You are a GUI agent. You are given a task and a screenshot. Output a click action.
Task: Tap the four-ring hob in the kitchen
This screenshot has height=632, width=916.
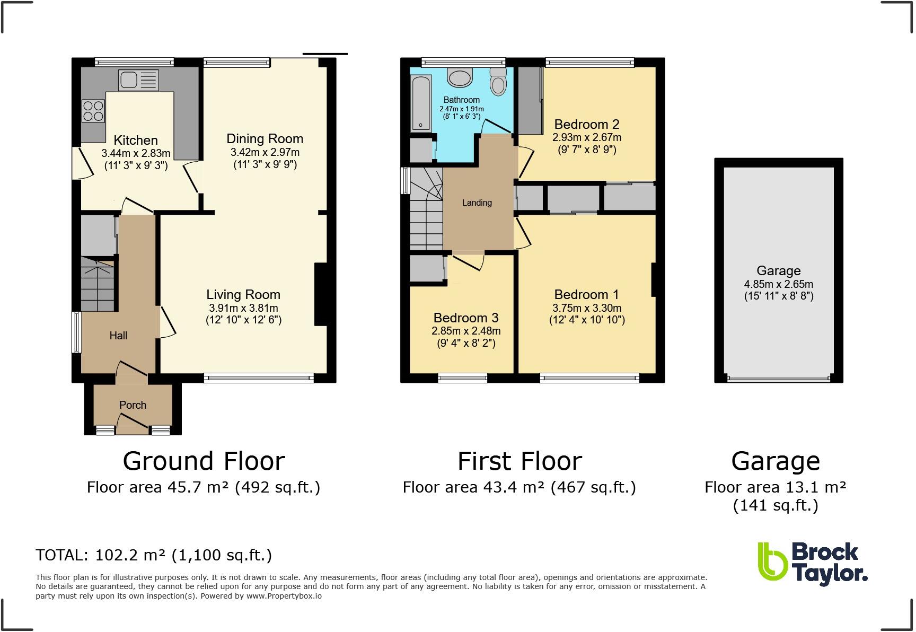(93, 111)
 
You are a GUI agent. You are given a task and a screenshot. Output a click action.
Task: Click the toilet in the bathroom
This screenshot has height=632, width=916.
(498, 82)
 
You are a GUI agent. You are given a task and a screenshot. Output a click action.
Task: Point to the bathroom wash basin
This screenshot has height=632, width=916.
(460, 78)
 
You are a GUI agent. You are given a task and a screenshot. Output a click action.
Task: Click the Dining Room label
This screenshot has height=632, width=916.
(265, 139)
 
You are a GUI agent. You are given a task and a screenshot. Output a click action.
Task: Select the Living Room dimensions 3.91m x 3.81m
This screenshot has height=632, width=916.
(243, 308)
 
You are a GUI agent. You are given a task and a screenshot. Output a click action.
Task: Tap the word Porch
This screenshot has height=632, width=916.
(133, 405)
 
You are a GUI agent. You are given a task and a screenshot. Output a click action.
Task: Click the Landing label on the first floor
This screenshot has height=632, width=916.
(477, 203)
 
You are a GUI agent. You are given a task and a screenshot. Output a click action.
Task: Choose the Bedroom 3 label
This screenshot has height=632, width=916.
(465, 318)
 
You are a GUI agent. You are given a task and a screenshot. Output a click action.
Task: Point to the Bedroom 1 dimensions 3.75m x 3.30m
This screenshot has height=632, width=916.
(587, 308)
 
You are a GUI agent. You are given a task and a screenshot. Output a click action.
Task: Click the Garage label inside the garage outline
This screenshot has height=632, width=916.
(778, 271)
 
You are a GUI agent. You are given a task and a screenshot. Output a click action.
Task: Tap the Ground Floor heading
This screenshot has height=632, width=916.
(204, 461)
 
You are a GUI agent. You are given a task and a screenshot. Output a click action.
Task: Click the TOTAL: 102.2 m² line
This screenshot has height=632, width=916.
(153, 555)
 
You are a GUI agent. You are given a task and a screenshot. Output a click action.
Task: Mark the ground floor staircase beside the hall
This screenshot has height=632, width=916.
(97, 284)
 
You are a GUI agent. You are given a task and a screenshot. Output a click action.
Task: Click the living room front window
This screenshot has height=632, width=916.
(259, 378)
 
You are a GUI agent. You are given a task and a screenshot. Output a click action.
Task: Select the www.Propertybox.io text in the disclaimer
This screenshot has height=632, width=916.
(284, 596)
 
